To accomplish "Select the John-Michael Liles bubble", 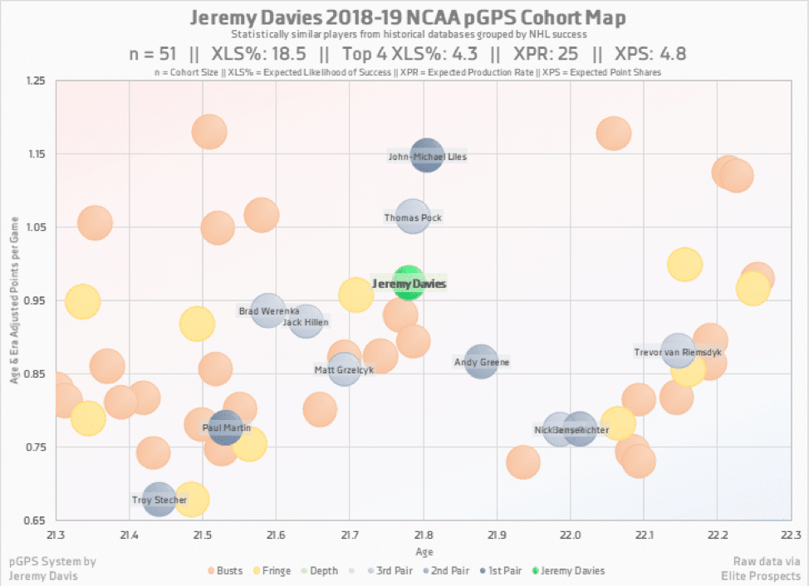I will tap(427, 155).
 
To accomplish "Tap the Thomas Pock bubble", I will tap(412, 217).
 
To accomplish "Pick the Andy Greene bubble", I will tap(481, 361).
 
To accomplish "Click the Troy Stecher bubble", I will tap(159, 500).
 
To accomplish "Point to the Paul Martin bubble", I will tap(225, 427).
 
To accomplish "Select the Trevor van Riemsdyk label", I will tap(678, 352).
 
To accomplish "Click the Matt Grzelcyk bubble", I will tap(343, 369).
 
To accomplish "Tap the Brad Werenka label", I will tap(269, 311).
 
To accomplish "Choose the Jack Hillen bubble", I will tap(306, 322).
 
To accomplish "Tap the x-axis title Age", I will tap(423, 552).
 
